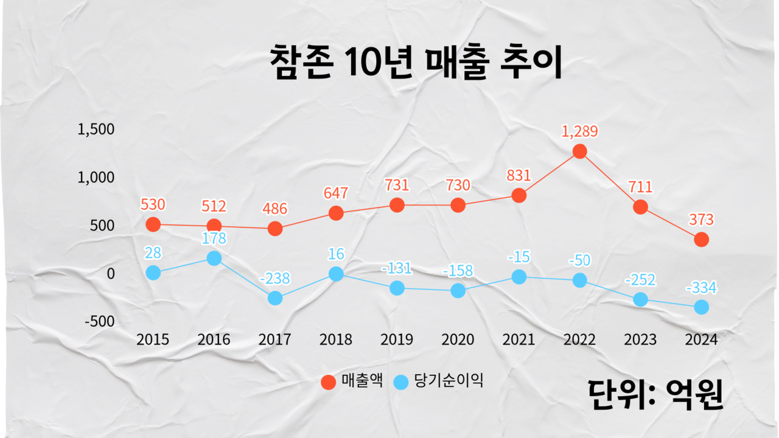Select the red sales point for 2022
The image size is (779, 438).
[579, 151]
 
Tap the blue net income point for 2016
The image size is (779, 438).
[214, 258]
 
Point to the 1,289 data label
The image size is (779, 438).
[579, 131]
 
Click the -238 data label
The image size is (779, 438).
[275, 279]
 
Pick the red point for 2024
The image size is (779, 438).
[701, 239]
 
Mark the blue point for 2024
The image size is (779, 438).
[701, 307]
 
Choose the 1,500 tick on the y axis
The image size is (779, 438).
[97, 130]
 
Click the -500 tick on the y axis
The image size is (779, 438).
[99, 322]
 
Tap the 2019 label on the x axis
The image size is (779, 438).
[397, 339]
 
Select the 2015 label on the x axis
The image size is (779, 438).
[153, 339]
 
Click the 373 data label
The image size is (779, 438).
[701, 220]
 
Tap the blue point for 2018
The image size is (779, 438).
[336, 274]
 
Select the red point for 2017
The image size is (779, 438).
[275, 229]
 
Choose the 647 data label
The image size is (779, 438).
[336, 194]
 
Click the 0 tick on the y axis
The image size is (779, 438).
[111, 274]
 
